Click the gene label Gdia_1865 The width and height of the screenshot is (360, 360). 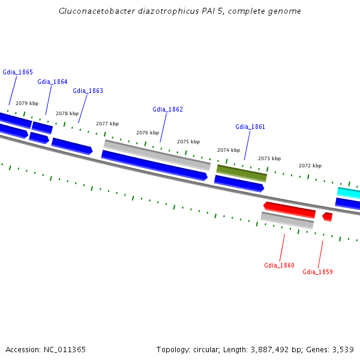(x=17, y=72)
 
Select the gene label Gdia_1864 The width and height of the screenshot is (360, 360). (x=52, y=82)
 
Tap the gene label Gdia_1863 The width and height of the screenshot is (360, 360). (x=88, y=91)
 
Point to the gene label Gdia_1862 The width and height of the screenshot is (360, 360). (x=167, y=109)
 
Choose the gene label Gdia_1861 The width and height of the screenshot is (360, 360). (x=250, y=127)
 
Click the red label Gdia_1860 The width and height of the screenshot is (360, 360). (x=279, y=265)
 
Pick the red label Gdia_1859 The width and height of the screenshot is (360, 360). (x=317, y=272)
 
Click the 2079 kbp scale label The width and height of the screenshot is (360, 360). (x=27, y=103)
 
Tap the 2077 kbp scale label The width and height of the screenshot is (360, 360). (x=107, y=124)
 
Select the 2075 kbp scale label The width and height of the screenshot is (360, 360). (x=188, y=142)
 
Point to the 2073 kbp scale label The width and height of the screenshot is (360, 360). (x=269, y=158)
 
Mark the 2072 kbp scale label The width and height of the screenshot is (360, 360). (x=310, y=166)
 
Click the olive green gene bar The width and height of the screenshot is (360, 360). (x=241, y=173)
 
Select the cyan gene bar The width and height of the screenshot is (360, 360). (x=349, y=193)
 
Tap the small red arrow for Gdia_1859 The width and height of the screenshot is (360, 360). (x=327, y=216)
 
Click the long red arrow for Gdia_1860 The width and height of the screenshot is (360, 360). (x=289, y=209)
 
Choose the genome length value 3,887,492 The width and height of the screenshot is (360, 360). (x=269, y=349)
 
